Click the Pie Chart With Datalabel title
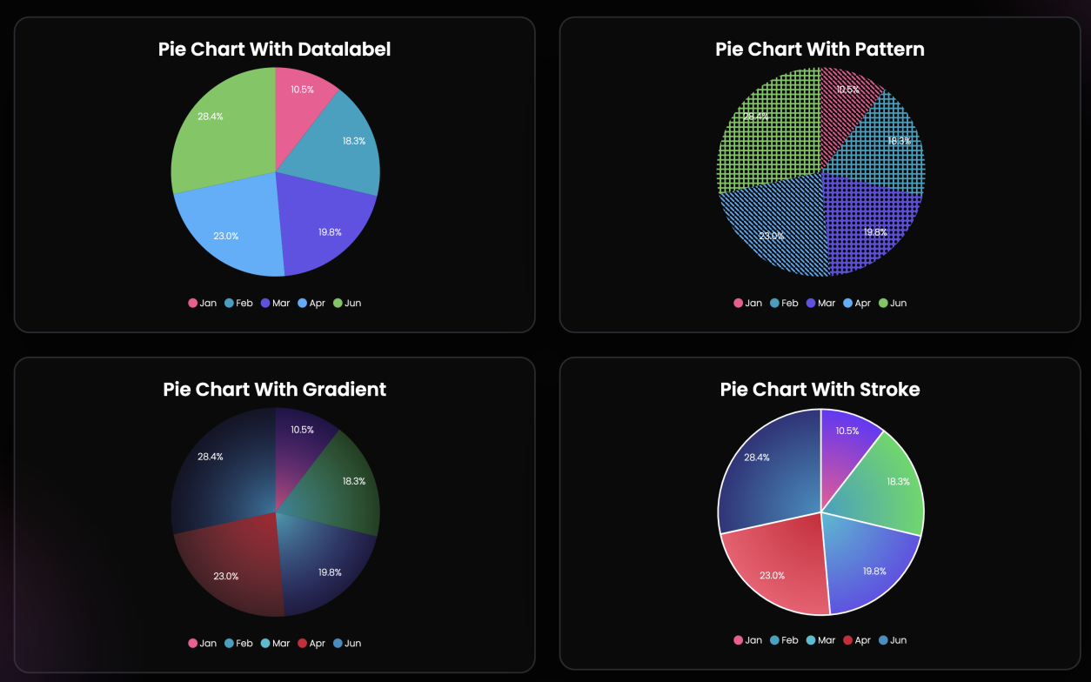[274, 49]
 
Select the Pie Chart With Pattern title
[820, 49]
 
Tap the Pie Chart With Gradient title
[274, 389]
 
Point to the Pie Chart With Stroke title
[820, 389]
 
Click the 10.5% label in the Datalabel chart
[302, 90]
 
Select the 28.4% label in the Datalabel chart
[210, 117]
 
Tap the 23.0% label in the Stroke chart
[772, 575]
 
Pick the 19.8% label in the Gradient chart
[330, 572]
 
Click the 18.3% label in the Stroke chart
[898, 481]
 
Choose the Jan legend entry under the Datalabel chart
[203, 303]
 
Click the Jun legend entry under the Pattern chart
[892, 303]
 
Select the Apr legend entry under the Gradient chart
[311, 643]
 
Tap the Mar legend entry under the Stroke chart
[820, 639]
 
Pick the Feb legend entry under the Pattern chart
[783, 303]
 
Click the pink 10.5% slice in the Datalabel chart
[305, 104]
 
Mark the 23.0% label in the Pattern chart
[772, 236]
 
